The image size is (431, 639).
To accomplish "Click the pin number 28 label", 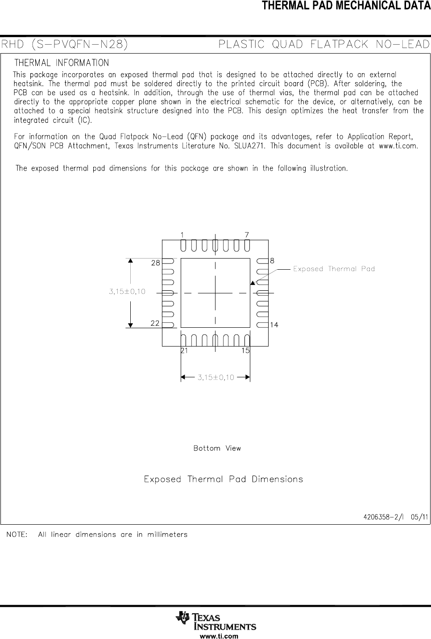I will coord(155,263).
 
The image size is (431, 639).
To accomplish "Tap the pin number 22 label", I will coord(155,323).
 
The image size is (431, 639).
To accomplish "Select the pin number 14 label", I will coord(274,325).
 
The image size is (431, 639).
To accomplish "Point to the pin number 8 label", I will coord(272,260).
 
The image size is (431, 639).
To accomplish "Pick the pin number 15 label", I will coord(245,351).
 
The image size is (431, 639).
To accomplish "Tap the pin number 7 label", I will coord(247,235).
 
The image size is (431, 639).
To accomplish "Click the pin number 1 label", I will coord(182,235).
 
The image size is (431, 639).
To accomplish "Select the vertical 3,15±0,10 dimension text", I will coord(127,292).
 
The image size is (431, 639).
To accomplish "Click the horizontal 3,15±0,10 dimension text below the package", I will coord(216,377).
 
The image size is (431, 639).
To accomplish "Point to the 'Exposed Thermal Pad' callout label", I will coord(334,269).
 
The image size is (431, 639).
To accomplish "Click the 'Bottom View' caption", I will coord(217,448).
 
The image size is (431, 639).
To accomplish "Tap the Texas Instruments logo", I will coord(216,620).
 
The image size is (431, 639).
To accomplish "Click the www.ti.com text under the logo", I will coord(218,636).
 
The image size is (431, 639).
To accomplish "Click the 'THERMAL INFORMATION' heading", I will coord(62,63).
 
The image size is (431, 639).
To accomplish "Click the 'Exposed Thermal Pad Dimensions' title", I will coord(223,480).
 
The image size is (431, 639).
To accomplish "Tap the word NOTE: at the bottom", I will coord(16,535).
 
